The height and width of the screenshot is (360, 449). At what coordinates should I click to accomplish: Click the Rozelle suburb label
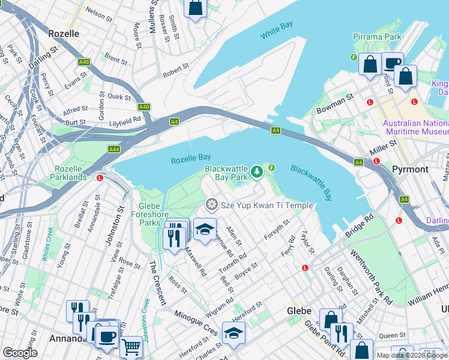click(x=63, y=34)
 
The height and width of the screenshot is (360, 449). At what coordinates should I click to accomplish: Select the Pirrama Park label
click(x=377, y=37)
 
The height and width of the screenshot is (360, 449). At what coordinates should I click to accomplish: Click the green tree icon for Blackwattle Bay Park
click(x=257, y=173)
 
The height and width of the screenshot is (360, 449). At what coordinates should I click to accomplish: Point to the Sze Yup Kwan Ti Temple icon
click(x=211, y=205)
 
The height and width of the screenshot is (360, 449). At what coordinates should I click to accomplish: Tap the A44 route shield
click(x=114, y=149)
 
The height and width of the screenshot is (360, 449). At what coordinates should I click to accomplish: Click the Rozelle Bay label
click(x=190, y=160)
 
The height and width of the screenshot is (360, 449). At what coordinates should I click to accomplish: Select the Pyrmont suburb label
click(x=410, y=170)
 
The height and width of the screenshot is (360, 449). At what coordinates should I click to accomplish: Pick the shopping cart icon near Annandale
click(x=130, y=346)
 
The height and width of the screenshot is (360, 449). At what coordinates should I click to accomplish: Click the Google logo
click(x=20, y=353)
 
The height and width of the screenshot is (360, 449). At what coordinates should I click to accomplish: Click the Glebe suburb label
click(x=298, y=311)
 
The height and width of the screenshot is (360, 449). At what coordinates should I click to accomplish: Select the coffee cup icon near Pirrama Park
click(x=393, y=64)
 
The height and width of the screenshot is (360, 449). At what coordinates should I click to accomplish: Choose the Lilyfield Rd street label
click(x=124, y=120)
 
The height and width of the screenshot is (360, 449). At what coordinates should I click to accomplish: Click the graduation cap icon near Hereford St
click(x=234, y=333)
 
